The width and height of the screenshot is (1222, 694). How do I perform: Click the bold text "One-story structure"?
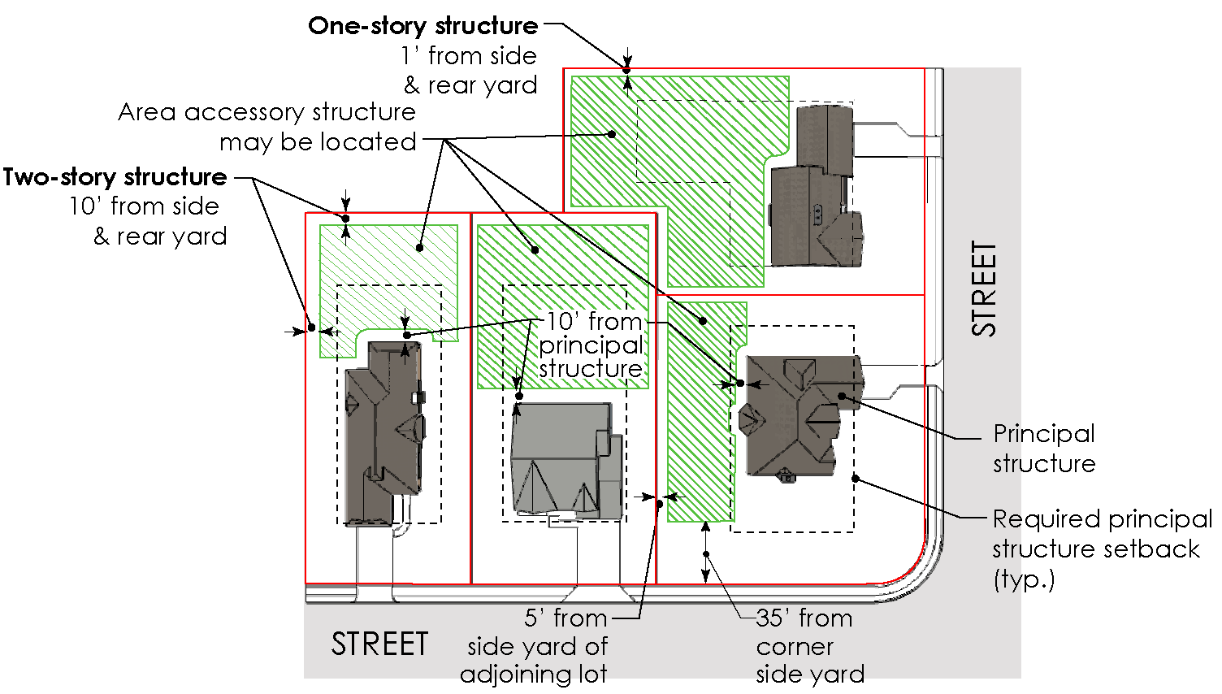(422, 26)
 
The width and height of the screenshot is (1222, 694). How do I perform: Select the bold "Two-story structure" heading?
(115, 177)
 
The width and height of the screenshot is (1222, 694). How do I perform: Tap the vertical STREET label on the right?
(983, 288)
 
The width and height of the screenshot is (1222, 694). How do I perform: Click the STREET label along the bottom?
(379, 644)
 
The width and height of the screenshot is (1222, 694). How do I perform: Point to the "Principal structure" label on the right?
(1044, 449)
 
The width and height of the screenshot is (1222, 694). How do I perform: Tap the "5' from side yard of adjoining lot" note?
(536, 646)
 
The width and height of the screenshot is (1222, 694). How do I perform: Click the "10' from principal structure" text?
(592, 345)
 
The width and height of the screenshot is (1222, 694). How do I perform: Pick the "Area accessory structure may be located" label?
(268, 127)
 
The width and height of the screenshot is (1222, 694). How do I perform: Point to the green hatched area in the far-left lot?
(382, 260)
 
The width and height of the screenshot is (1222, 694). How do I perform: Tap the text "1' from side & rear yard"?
(470, 71)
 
